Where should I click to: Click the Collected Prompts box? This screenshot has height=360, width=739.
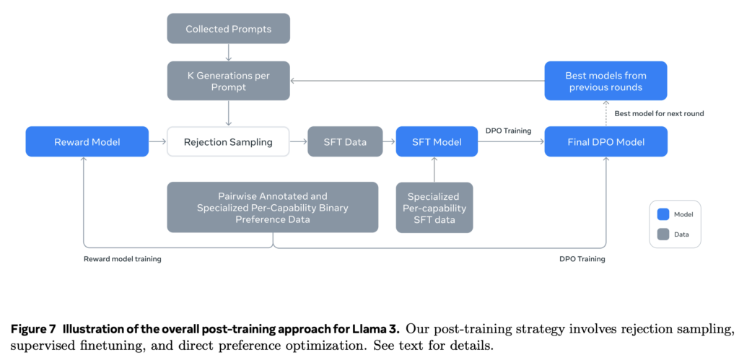pyautogui.click(x=228, y=29)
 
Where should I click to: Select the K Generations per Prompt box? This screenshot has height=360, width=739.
pyautogui.click(x=228, y=80)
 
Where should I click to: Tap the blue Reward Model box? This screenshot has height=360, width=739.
pyautogui.click(x=87, y=141)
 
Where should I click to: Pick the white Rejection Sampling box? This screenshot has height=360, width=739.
pyautogui.click(x=228, y=141)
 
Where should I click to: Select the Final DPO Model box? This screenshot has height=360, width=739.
pyautogui.click(x=605, y=141)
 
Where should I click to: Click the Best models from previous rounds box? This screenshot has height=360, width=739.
pyautogui.click(x=605, y=80)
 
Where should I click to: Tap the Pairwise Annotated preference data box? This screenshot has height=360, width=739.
pyautogui.click(x=272, y=207)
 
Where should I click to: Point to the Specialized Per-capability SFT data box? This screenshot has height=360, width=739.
pyautogui.click(x=434, y=207)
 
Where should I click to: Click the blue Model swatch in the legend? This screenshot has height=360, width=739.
pyautogui.click(x=663, y=214)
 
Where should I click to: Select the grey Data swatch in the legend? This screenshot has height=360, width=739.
pyautogui.click(x=663, y=233)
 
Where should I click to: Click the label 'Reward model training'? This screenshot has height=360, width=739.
pyautogui.click(x=122, y=258)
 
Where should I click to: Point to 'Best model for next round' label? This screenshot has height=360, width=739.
pyautogui.click(x=659, y=113)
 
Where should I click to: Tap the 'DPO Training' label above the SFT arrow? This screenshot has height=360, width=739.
pyautogui.click(x=508, y=131)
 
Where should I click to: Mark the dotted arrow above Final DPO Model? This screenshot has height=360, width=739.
pyautogui.click(x=605, y=113)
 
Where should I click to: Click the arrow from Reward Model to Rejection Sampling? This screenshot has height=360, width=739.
pyautogui.click(x=157, y=141)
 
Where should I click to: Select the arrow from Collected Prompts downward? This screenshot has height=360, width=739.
pyautogui.click(x=228, y=51)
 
